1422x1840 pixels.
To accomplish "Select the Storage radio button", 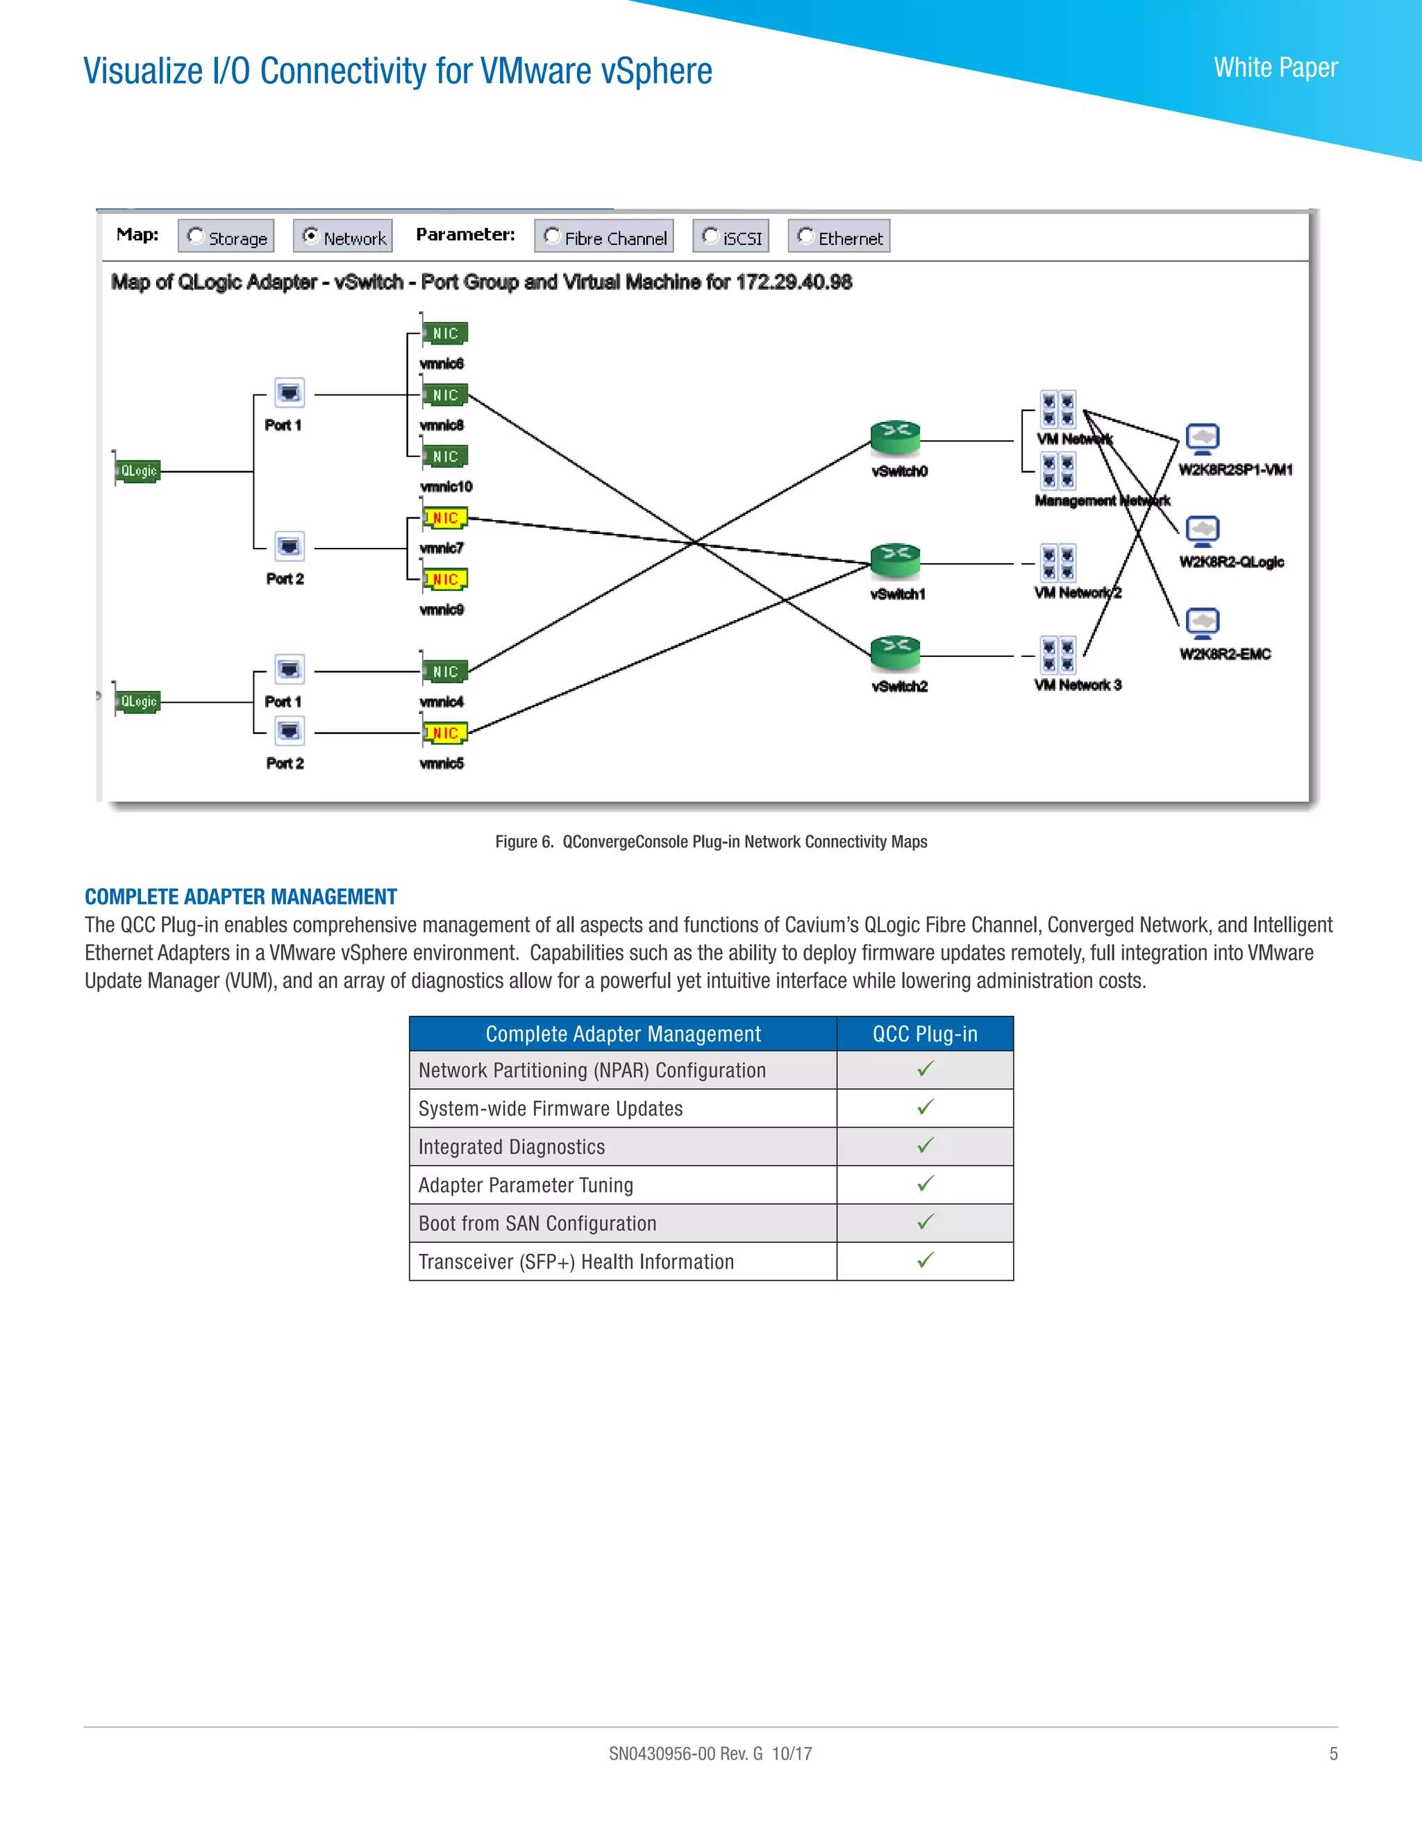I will click(195, 237).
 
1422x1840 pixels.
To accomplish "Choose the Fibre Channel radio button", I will click(553, 237).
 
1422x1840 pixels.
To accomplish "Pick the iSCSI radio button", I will click(710, 237).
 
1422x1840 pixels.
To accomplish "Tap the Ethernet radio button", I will click(805, 237).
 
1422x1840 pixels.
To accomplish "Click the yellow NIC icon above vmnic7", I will click(445, 517).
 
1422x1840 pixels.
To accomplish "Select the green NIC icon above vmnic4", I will click(445, 671).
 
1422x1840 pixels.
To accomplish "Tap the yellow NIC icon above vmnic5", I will click(445, 733).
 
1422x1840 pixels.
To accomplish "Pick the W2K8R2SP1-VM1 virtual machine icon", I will click(1202, 438).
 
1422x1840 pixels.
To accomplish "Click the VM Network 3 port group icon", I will click(1058, 655).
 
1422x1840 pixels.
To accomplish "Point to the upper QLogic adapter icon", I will click(137, 470).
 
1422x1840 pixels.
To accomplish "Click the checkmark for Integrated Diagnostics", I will click(925, 1146).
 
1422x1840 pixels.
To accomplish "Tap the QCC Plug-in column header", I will click(925, 1034).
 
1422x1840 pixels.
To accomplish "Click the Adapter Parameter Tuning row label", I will click(526, 1185).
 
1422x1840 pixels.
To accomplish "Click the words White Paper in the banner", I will click(1275, 67).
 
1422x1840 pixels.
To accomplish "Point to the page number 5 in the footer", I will click(1334, 1753).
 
